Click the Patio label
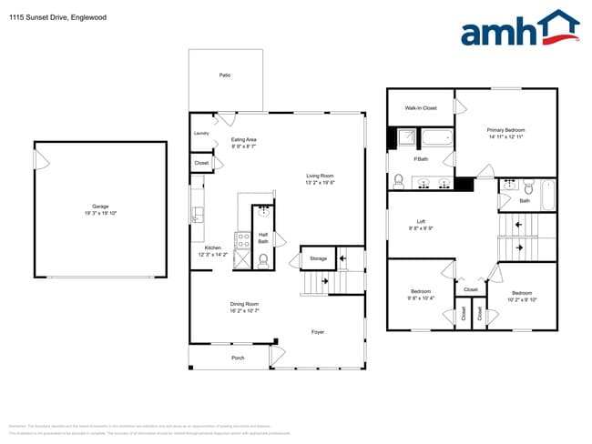[x=224, y=75]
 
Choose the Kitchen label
[x=212, y=247]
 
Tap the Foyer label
[x=317, y=331]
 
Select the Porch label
[x=238, y=358]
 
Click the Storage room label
[x=317, y=259]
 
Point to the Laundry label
[x=202, y=133]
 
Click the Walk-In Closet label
[x=421, y=108]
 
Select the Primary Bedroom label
[x=506, y=130]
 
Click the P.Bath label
[x=422, y=159]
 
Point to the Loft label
[x=421, y=221]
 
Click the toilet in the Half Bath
[x=263, y=260]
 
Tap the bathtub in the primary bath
[x=437, y=138]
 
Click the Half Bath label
[x=263, y=237]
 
